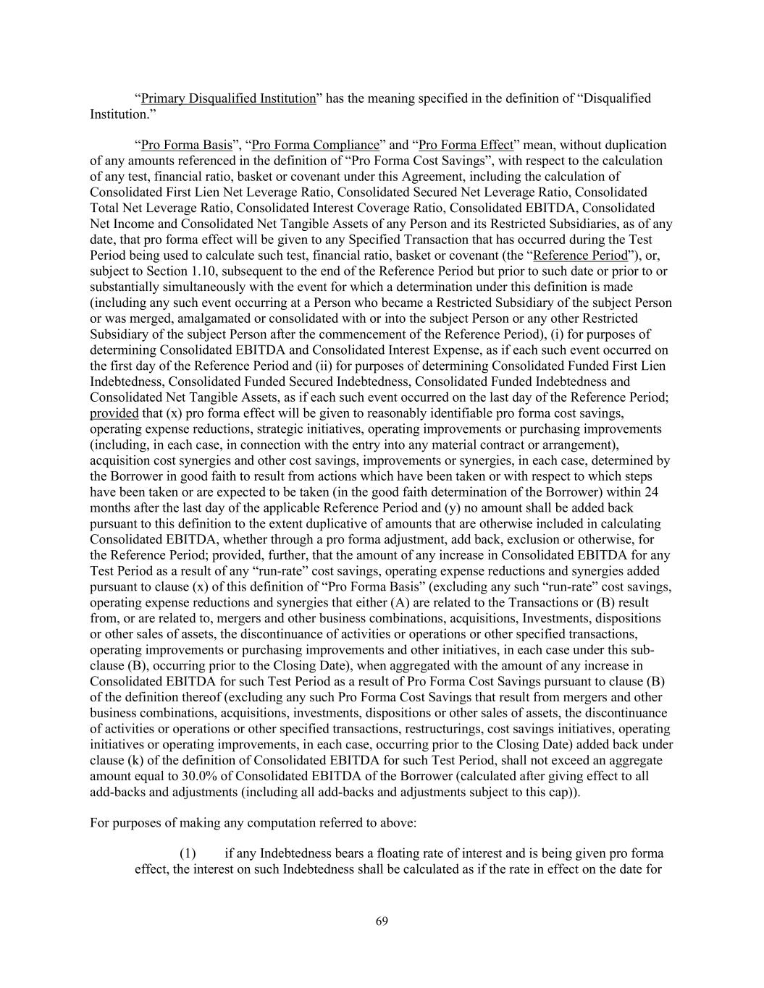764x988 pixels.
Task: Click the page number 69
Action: click(382, 921)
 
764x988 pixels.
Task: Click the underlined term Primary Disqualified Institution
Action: click(228, 98)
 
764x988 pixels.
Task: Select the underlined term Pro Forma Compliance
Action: click(315, 145)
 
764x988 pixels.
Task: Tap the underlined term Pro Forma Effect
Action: click(466, 145)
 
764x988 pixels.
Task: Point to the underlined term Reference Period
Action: click(581, 255)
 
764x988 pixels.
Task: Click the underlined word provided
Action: click(114, 413)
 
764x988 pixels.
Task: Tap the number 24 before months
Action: click(651, 492)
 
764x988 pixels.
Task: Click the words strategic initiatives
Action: click(263, 429)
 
